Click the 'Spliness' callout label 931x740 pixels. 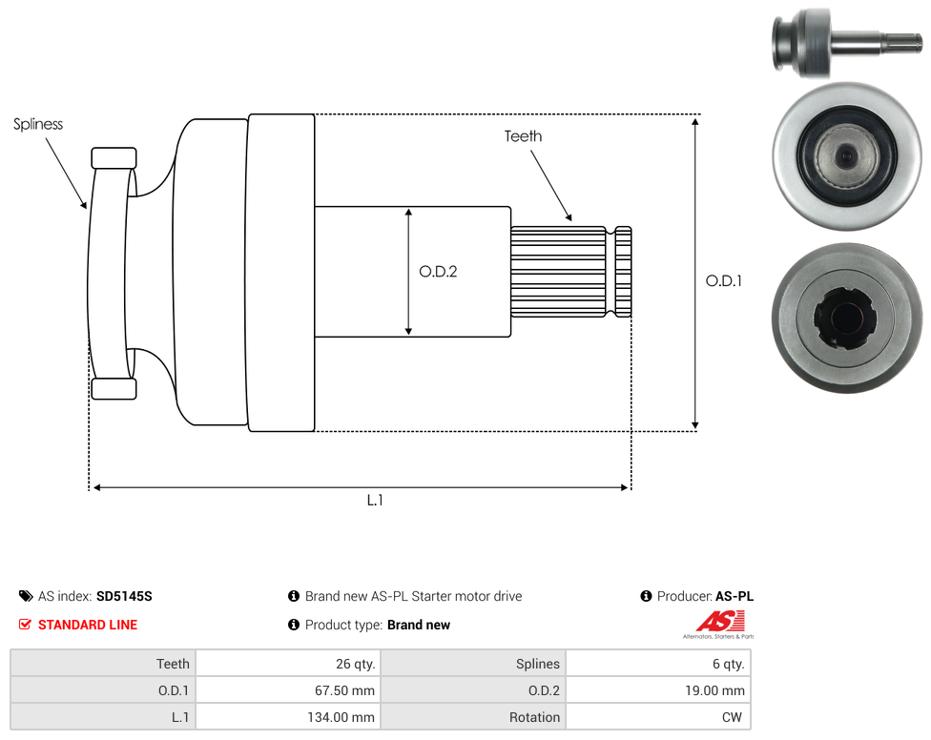38,124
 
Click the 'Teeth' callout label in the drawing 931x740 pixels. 523,136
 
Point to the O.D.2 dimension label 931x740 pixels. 438,272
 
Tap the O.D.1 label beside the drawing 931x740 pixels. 724,280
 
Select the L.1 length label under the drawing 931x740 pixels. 375,501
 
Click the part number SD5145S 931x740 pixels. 124,596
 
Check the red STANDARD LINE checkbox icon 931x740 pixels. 25,625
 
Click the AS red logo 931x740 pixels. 719,623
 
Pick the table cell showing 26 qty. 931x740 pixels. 288,664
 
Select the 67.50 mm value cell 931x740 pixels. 288,690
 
